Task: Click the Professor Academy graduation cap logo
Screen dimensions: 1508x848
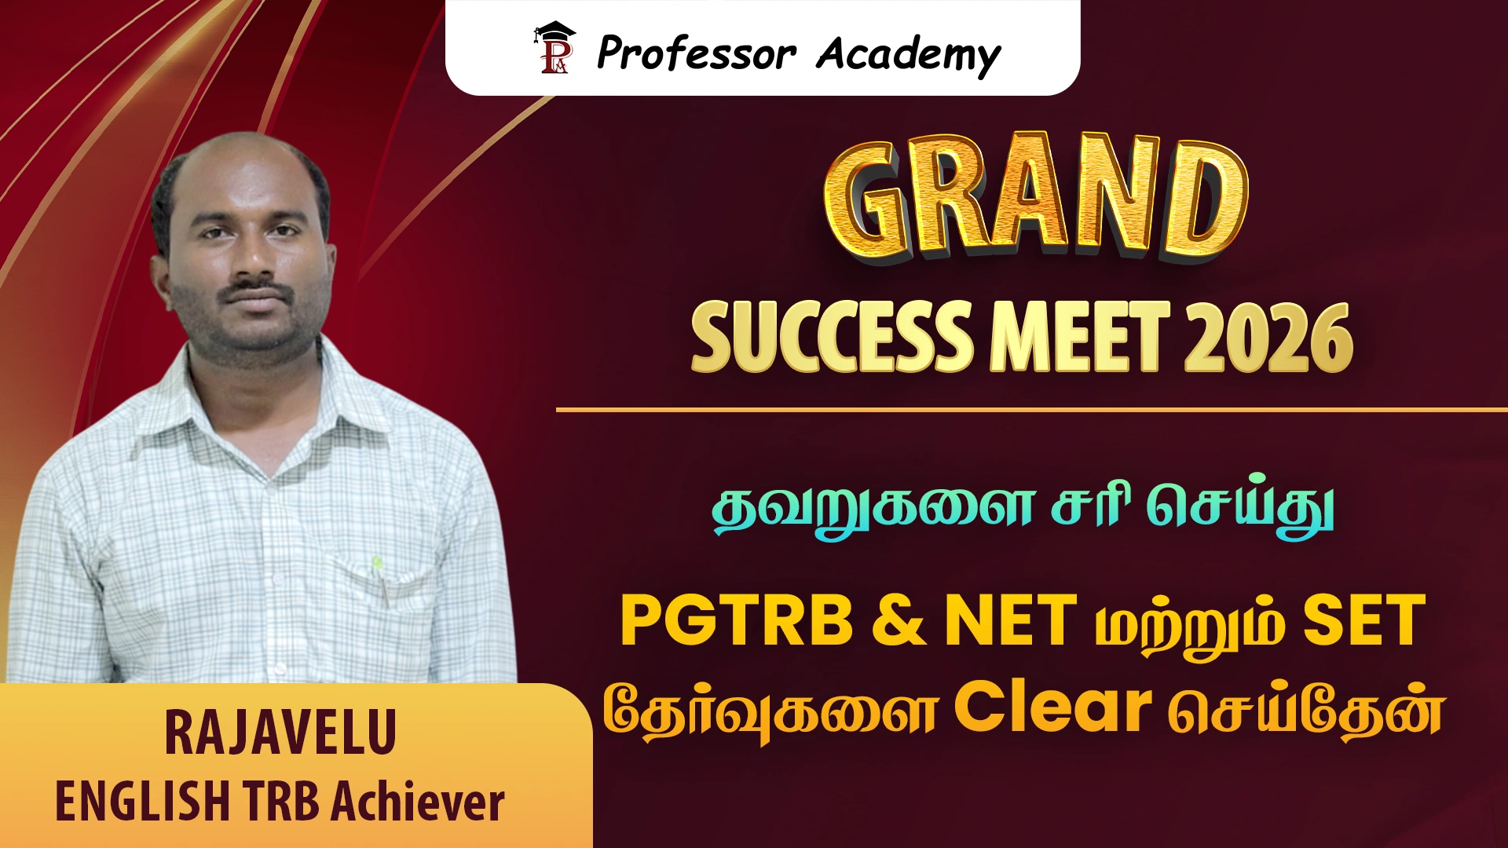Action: tap(555, 48)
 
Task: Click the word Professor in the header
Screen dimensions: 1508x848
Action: tap(697, 53)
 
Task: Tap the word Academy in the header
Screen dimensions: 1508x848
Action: tap(909, 55)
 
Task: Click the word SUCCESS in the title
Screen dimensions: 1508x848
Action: tap(831, 337)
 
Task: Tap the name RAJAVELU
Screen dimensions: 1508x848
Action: tap(280, 733)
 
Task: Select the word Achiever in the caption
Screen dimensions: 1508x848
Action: tap(418, 802)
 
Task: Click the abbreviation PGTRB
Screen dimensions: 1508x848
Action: tap(737, 620)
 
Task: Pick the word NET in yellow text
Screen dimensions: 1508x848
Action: tap(1011, 620)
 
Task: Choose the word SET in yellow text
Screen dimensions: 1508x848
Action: tap(1364, 620)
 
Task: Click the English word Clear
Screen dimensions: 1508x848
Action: tap(1052, 707)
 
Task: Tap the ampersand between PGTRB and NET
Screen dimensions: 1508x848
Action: tap(899, 620)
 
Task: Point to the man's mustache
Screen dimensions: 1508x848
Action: tap(257, 291)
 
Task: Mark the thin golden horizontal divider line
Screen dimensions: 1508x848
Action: tap(1032, 410)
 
